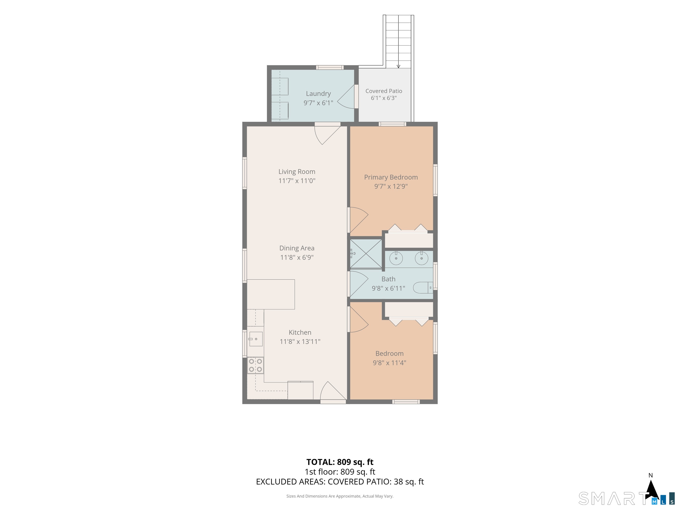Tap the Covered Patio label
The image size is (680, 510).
click(x=384, y=91)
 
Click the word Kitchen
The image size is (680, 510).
click(x=300, y=332)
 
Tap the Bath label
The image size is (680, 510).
click(x=388, y=279)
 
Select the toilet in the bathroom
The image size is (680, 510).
click(x=423, y=288)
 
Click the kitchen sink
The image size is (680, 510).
click(x=256, y=339)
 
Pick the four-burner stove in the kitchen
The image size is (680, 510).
click(x=255, y=365)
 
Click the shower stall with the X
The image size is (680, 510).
click(x=366, y=254)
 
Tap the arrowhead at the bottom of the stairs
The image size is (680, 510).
click(x=398, y=66)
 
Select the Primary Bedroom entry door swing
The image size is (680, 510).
click(x=359, y=220)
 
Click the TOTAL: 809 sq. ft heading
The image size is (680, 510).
click(x=340, y=462)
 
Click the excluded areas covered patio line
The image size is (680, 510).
click(x=340, y=482)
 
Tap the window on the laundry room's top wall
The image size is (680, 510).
click(x=330, y=67)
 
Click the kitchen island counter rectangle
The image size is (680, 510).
click(x=271, y=294)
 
